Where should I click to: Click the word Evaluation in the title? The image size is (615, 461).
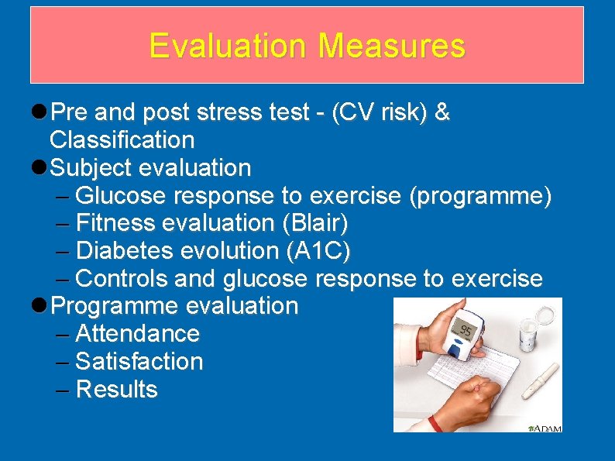229,46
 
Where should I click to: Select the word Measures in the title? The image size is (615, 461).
391,46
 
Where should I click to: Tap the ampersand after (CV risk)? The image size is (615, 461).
441,113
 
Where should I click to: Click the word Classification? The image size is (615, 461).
122,140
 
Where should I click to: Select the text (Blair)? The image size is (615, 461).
315,224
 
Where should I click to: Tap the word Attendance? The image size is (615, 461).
138,334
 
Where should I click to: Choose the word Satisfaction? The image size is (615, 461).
139,362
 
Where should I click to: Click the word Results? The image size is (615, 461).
117,390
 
